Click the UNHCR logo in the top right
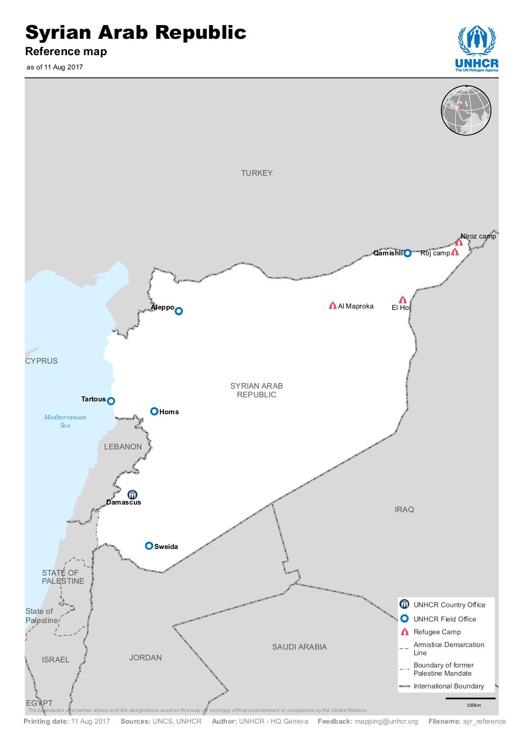477,49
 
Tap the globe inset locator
466,111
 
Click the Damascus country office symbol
132,494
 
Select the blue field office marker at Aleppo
179,311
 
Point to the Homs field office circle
154,411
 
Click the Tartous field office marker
111,401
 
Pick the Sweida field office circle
149,545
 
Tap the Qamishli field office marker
407,253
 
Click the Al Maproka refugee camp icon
332,306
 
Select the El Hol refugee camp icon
402,300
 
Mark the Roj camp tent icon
455,252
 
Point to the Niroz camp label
478,236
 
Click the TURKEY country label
257,173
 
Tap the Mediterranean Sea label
65,421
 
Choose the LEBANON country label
123,447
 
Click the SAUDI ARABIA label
299,647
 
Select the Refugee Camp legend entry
437,632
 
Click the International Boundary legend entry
448,686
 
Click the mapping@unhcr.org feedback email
386,722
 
